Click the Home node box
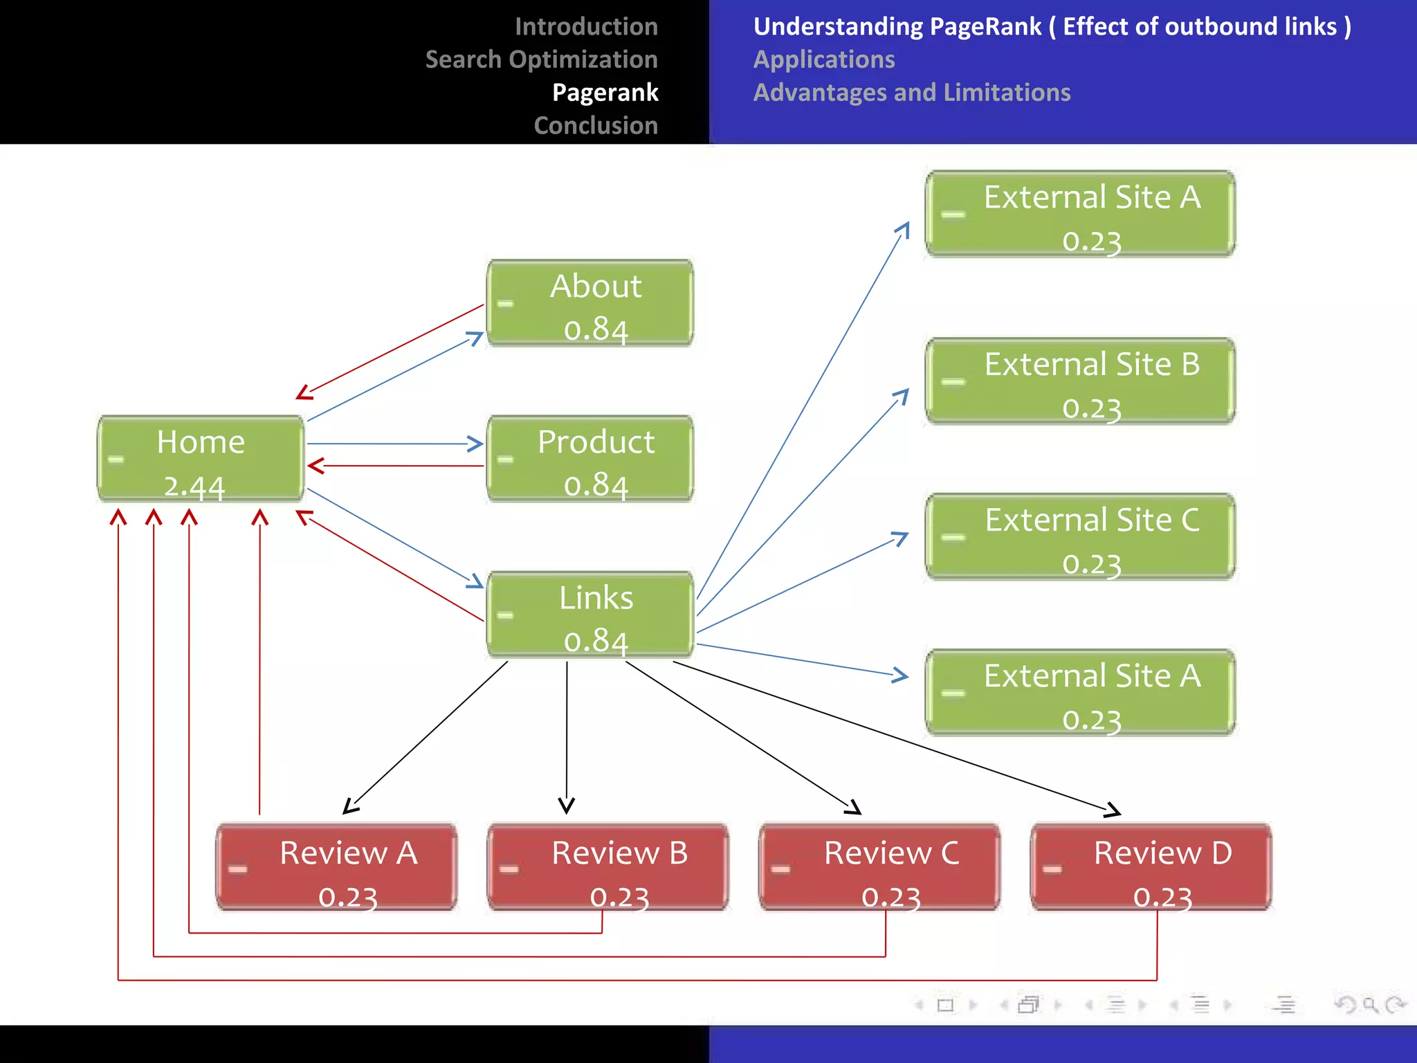click(x=201, y=457)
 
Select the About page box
click(x=590, y=302)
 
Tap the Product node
click(x=590, y=458)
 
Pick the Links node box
click(x=590, y=614)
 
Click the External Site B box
click(x=1080, y=381)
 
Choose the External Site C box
click(x=1080, y=536)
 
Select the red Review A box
click(x=336, y=866)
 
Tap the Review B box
click(x=608, y=866)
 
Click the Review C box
click(x=879, y=866)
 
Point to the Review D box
click(x=1151, y=866)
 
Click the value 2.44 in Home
click(x=194, y=487)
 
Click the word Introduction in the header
click(x=586, y=26)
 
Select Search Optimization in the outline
click(x=541, y=60)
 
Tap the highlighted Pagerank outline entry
click(x=605, y=92)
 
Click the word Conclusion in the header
click(x=596, y=125)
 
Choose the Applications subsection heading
click(x=824, y=60)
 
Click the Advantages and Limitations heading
click(x=911, y=92)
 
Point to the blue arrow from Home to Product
click(x=394, y=444)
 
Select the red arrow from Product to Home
click(x=394, y=466)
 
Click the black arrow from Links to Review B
click(x=567, y=734)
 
